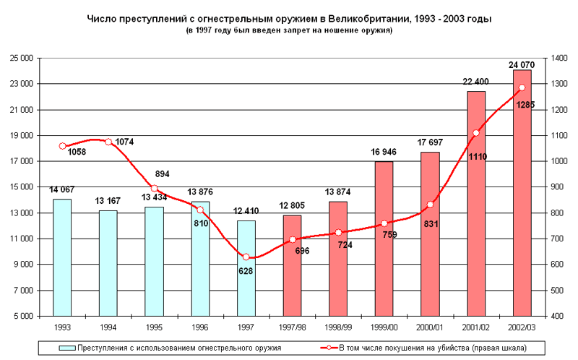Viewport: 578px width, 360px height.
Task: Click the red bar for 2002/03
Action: [522, 193]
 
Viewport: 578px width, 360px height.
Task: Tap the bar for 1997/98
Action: [292, 265]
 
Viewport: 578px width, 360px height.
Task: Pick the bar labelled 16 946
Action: [384, 239]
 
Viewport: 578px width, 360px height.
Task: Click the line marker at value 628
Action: [246, 257]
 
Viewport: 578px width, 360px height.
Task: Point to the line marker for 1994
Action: [108, 142]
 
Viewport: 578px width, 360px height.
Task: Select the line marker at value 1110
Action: [475, 133]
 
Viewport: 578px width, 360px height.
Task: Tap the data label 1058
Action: [77, 152]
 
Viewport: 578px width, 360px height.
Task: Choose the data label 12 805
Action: [292, 208]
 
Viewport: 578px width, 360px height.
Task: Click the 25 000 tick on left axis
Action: [24, 59]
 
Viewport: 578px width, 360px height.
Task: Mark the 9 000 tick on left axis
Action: [26, 265]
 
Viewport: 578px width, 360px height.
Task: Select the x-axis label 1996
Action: [200, 327]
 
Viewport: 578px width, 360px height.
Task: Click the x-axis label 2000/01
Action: [430, 327]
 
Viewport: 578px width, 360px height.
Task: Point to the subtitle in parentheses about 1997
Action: [289, 30]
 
